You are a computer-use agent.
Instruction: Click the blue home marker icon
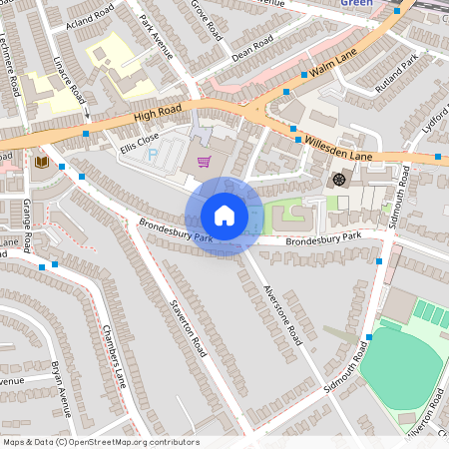(x=224, y=215)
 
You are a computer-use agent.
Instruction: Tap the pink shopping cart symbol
(x=204, y=162)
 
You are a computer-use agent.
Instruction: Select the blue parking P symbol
(x=153, y=156)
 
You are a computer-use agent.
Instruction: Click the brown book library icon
(x=42, y=161)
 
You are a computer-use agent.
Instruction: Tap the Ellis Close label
(x=139, y=143)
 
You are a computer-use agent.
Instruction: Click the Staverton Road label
(x=187, y=328)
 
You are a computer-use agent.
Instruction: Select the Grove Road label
(x=207, y=19)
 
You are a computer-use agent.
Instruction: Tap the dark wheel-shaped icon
(x=339, y=180)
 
